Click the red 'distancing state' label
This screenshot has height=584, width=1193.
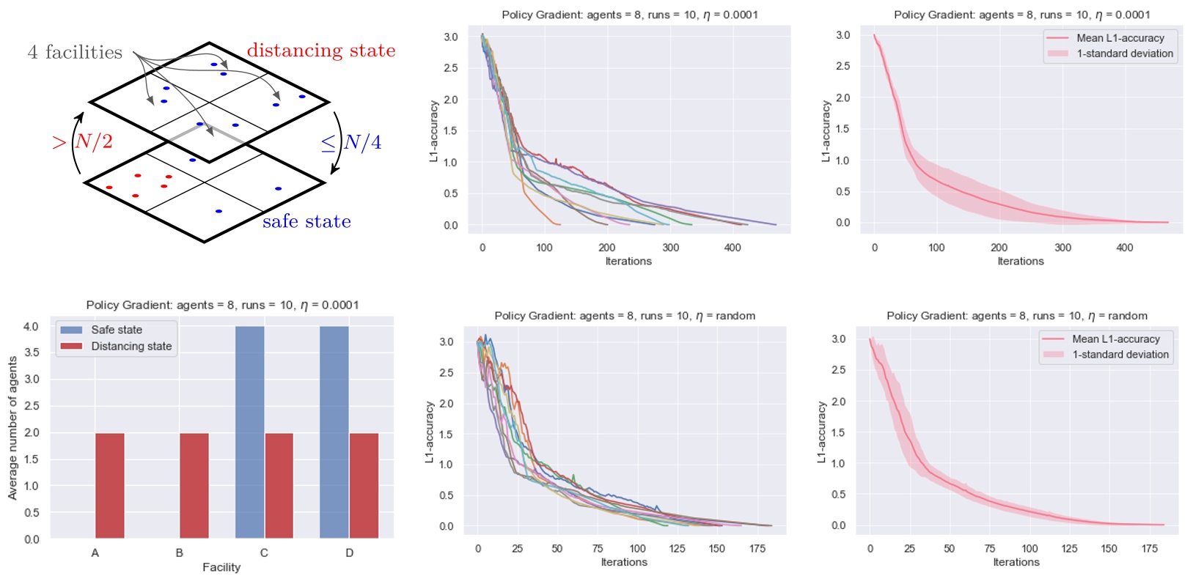(x=320, y=51)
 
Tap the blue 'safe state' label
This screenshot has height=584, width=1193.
(x=306, y=221)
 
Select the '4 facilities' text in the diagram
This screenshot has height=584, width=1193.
(x=75, y=52)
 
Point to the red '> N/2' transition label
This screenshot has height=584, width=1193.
(x=82, y=141)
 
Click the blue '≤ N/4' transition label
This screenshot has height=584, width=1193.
(x=352, y=142)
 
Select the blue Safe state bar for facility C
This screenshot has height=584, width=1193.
(x=249, y=432)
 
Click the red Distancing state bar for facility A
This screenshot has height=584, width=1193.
(x=109, y=486)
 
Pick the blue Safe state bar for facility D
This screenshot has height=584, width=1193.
(x=334, y=432)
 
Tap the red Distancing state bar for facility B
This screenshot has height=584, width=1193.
(x=194, y=486)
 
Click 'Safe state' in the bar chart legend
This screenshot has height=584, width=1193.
(x=117, y=330)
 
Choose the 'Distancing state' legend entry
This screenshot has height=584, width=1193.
(x=131, y=346)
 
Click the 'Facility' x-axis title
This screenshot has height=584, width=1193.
(x=221, y=567)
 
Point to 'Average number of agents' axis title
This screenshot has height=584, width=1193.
(x=12, y=429)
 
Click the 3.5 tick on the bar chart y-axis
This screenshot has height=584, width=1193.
(x=31, y=352)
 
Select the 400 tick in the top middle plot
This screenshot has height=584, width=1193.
(x=733, y=248)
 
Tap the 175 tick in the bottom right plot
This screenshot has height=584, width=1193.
(x=1149, y=548)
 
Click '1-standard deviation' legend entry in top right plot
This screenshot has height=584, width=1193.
(x=1125, y=53)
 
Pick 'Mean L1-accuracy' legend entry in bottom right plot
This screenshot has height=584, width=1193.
(x=1116, y=339)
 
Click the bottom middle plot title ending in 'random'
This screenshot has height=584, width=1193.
(x=625, y=316)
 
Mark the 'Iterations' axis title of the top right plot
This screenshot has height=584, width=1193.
(x=1021, y=261)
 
